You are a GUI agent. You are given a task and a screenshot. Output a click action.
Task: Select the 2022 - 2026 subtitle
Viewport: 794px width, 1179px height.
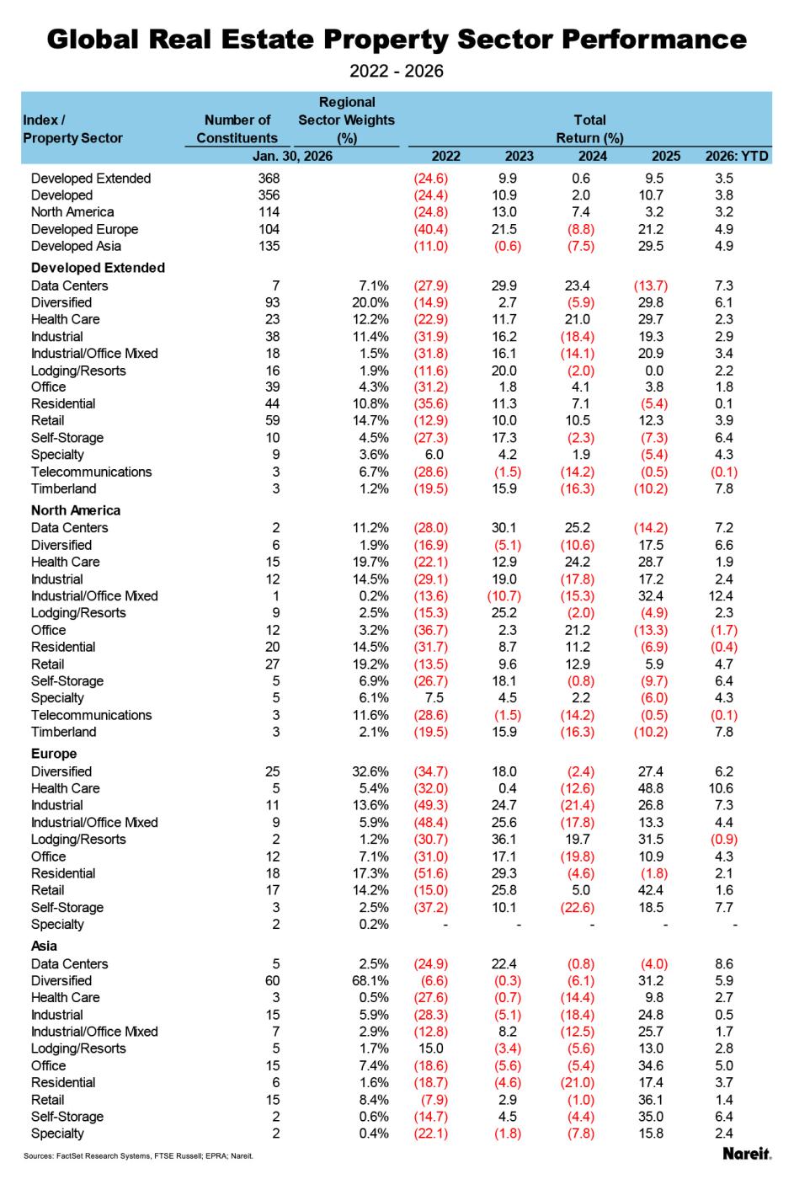click(396, 71)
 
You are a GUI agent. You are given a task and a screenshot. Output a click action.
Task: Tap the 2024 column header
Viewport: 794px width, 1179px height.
click(593, 156)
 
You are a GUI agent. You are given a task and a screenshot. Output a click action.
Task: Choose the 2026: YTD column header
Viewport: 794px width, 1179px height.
click(737, 156)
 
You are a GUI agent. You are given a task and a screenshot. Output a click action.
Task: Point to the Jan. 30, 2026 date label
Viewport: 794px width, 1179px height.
click(292, 156)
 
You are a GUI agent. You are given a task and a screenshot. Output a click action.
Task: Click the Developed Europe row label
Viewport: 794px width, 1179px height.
click(84, 229)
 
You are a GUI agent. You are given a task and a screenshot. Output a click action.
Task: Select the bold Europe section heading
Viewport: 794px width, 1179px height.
click(54, 754)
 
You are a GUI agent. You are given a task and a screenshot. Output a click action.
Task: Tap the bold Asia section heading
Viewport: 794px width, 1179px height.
click(45, 946)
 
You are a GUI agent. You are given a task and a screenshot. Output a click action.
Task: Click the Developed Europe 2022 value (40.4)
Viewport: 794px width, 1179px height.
click(430, 229)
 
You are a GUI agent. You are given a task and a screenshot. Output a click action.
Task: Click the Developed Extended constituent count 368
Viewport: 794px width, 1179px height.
click(269, 179)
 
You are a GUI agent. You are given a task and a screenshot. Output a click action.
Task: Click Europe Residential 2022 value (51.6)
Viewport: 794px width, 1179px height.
click(430, 873)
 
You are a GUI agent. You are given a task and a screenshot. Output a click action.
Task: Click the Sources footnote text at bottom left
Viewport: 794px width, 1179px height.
click(138, 1156)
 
